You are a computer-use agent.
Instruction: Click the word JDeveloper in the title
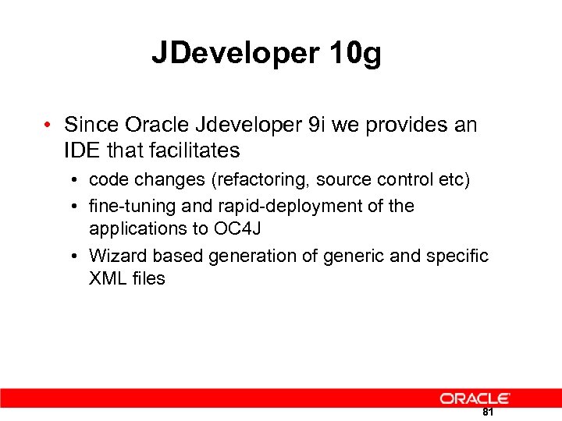[x=235, y=54]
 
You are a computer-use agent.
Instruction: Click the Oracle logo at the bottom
[x=475, y=398]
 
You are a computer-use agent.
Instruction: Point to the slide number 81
[x=488, y=412]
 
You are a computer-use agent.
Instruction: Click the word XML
[x=107, y=278]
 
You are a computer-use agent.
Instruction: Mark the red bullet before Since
[x=48, y=126]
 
